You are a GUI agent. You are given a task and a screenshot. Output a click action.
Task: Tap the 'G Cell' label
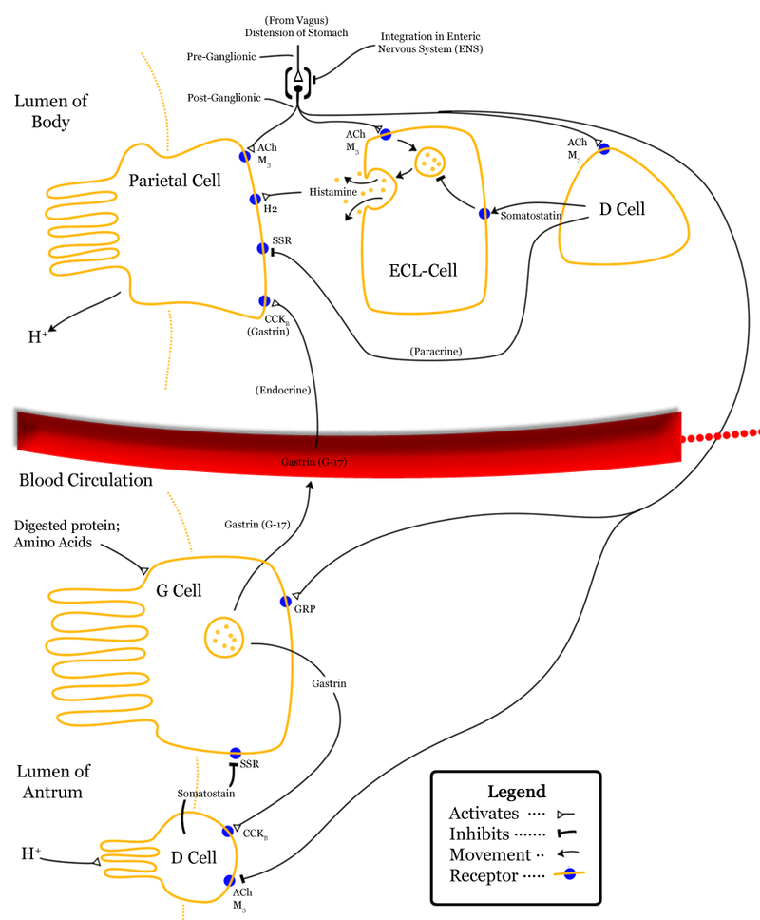[x=179, y=590]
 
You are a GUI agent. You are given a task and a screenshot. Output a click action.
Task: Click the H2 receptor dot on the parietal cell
[x=256, y=199]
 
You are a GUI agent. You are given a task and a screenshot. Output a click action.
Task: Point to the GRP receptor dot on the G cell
[x=285, y=601]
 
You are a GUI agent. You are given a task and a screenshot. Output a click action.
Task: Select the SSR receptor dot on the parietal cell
[x=263, y=248]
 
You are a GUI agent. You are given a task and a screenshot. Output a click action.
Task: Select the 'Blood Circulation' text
[x=85, y=480]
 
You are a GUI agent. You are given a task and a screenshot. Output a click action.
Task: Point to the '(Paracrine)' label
[x=436, y=351]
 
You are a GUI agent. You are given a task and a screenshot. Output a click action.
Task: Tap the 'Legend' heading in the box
[x=516, y=791]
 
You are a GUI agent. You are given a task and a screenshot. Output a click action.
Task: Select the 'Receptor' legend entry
[x=484, y=875]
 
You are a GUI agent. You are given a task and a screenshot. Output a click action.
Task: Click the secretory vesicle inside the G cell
[x=225, y=635]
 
